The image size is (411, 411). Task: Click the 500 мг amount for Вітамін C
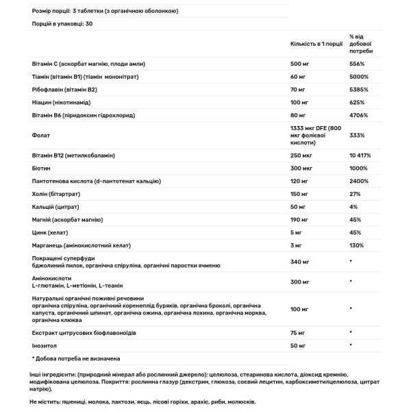coord(300,64)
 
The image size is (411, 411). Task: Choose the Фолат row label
coord(40,136)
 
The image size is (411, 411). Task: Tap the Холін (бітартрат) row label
coord(56,195)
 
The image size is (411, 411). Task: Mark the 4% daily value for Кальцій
coord(353,207)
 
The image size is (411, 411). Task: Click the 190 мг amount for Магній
coord(300,220)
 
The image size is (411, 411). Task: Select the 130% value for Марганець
coord(357,245)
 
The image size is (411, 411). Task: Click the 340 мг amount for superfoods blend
coord(300,262)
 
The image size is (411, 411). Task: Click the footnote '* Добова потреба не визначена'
coord(77,358)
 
